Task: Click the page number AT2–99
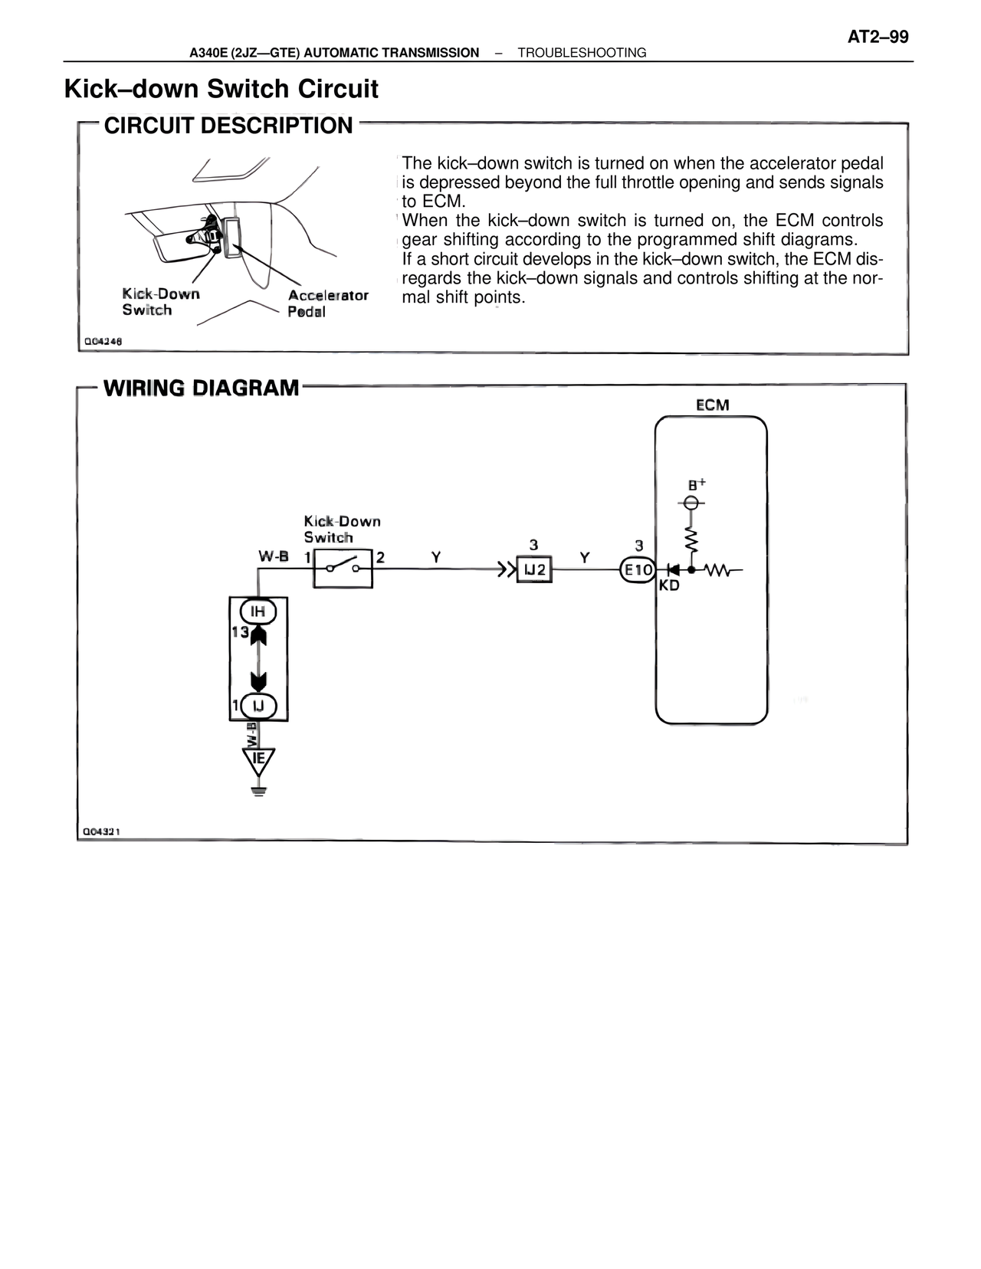(x=878, y=37)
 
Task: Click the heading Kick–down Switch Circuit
(x=221, y=89)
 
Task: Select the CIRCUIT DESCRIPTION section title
(x=228, y=126)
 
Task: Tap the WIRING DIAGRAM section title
(x=201, y=388)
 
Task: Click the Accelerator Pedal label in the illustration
(x=327, y=303)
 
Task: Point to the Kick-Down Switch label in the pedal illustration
(x=160, y=302)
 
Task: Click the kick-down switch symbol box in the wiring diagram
(x=343, y=569)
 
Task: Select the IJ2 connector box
(x=534, y=570)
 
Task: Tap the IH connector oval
(x=258, y=612)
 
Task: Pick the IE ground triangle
(x=258, y=760)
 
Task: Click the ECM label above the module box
(x=712, y=405)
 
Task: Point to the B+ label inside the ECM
(x=696, y=484)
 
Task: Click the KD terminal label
(x=669, y=585)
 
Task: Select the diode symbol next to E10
(x=674, y=570)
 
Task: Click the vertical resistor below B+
(x=691, y=539)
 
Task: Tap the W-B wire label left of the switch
(x=274, y=557)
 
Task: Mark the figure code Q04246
(x=103, y=341)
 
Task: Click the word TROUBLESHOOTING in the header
(x=582, y=53)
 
